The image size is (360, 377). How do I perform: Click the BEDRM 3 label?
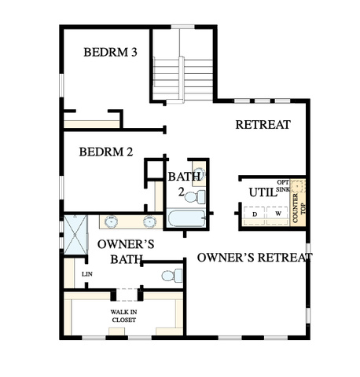tap(110, 52)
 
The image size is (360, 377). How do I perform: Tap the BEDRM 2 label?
tap(106, 152)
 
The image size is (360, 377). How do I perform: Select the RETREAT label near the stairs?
tap(263, 125)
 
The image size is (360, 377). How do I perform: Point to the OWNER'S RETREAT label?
tap(255, 258)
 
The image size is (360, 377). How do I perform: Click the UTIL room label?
tap(263, 192)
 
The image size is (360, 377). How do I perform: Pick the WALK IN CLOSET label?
tap(123, 316)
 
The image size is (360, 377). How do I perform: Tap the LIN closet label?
tap(87, 274)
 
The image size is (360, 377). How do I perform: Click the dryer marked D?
tap(255, 213)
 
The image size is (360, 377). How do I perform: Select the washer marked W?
tap(277, 213)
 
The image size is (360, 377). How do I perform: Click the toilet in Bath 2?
tap(195, 197)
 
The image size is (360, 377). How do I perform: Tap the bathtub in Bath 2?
tap(186, 218)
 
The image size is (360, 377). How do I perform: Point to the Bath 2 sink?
tap(199, 174)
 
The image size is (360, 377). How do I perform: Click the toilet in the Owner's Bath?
tap(172, 276)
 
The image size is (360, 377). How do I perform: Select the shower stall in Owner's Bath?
tap(75, 235)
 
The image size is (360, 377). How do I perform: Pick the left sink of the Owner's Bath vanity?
tap(112, 221)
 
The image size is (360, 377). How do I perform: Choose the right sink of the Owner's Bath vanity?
tap(149, 221)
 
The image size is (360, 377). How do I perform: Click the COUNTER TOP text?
tap(299, 208)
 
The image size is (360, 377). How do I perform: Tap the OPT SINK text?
tap(283, 185)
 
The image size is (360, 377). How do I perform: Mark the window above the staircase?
tap(183, 27)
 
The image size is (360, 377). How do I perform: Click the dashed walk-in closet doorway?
tap(127, 295)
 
